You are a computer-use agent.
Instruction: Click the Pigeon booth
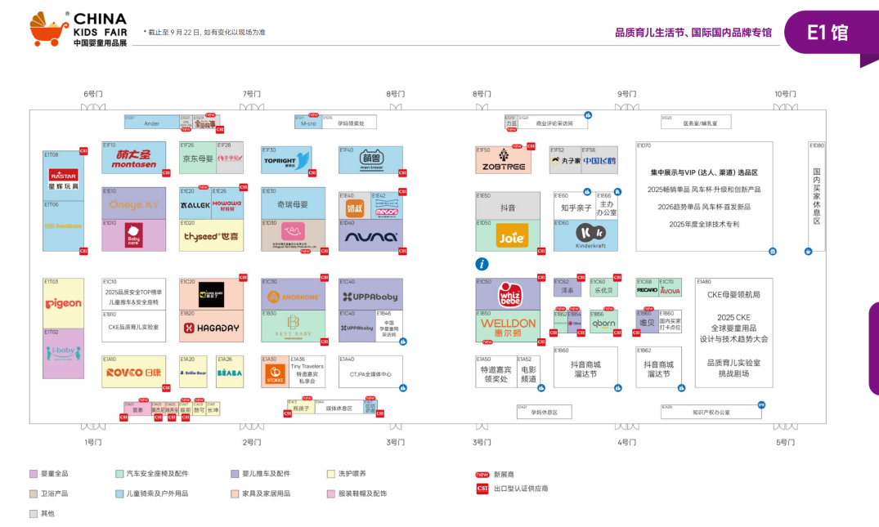tap(63, 303)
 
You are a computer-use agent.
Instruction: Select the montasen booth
tap(133, 158)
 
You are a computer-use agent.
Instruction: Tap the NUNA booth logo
tap(370, 236)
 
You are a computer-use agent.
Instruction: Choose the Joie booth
tap(508, 236)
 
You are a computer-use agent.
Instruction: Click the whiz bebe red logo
tap(510, 295)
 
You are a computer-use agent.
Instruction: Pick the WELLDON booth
tap(508, 325)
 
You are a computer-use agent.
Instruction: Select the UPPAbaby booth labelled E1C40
tap(370, 296)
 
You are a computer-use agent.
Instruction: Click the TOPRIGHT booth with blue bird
tap(286, 160)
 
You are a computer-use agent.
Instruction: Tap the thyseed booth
tap(211, 236)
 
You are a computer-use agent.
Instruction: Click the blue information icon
tap(482, 264)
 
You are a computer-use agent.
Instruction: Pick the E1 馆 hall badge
tap(827, 33)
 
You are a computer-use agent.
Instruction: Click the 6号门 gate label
tap(93, 94)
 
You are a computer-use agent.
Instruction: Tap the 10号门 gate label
tap(784, 94)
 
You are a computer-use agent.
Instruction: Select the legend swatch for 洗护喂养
tap(331, 473)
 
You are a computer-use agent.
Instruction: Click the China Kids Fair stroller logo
tap(49, 29)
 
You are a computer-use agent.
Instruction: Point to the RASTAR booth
tap(63, 176)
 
